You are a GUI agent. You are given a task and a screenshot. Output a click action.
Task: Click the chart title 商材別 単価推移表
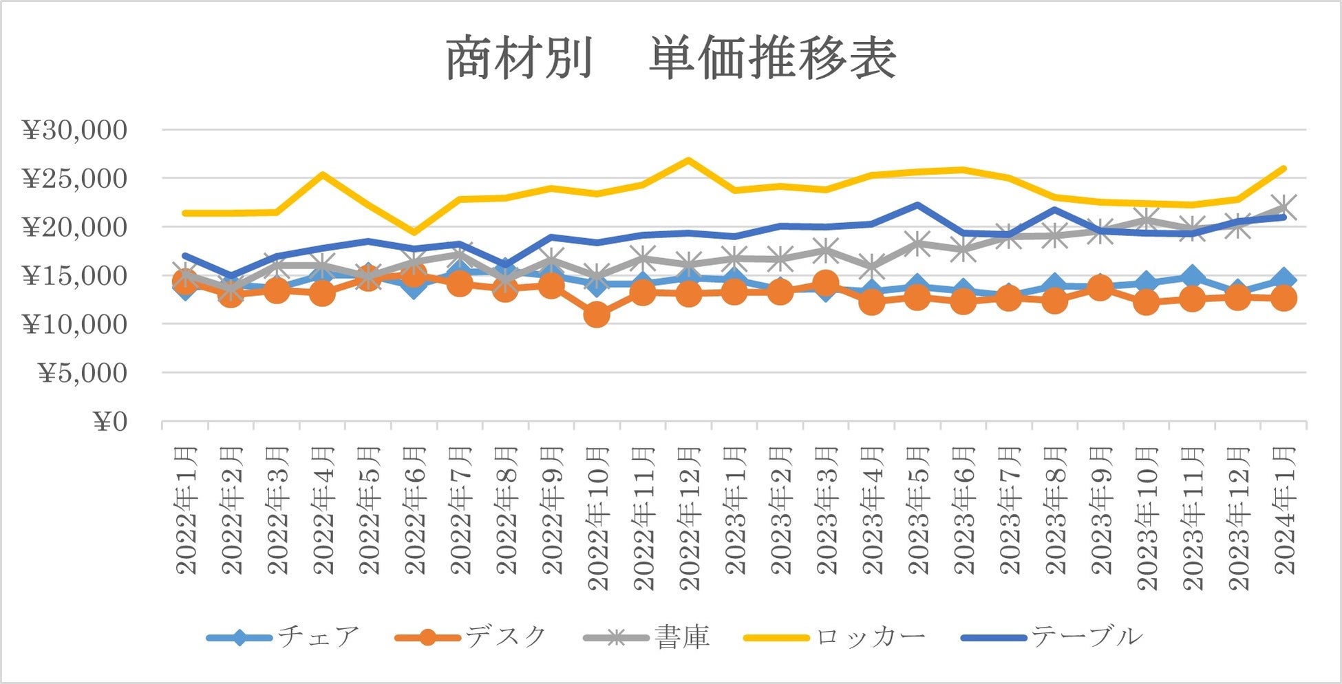[x=671, y=58]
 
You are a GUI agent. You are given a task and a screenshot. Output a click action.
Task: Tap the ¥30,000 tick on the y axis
[x=76, y=129]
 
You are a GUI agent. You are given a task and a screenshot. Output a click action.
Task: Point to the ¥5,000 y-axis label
[x=83, y=373]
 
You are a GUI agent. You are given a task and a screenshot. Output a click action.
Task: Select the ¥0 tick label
[x=110, y=422]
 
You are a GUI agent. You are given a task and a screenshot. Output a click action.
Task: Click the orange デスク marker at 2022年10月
[x=597, y=314]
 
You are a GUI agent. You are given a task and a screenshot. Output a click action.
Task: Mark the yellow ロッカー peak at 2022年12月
[x=688, y=160]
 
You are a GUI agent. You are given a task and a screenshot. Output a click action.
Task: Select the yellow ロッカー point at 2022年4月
[x=322, y=174]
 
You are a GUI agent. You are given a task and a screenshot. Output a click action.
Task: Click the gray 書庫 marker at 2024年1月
[x=1284, y=206]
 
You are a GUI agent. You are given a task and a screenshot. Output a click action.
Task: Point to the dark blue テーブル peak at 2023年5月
[x=917, y=204]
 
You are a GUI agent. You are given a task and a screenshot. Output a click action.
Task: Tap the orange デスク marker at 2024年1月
[x=1284, y=298]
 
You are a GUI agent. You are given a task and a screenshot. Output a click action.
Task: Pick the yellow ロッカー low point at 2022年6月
[x=414, y=232]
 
